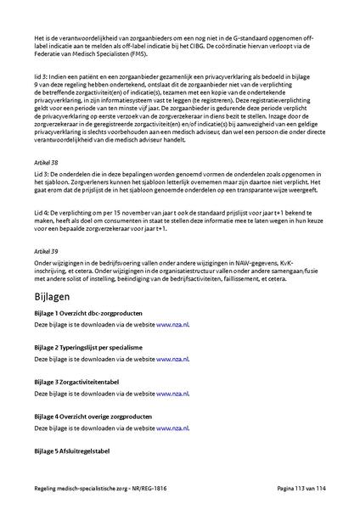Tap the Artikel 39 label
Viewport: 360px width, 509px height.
[x=46, y=252]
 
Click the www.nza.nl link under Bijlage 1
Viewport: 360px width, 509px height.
[x=173, y=324]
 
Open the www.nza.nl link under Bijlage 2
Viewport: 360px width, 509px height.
[x=173, y=359]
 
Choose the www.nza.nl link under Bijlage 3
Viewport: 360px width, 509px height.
[x=173, y=394]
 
